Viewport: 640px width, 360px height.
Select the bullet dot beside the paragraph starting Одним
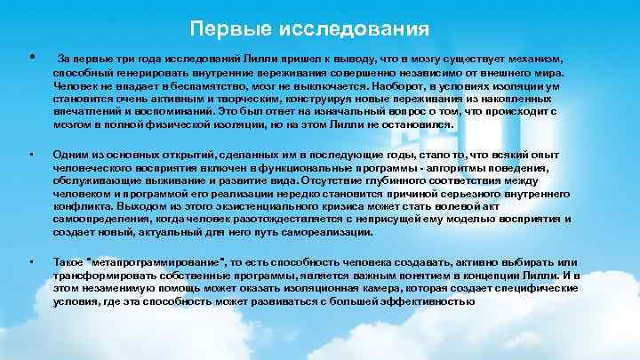click(x=32, y=153)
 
